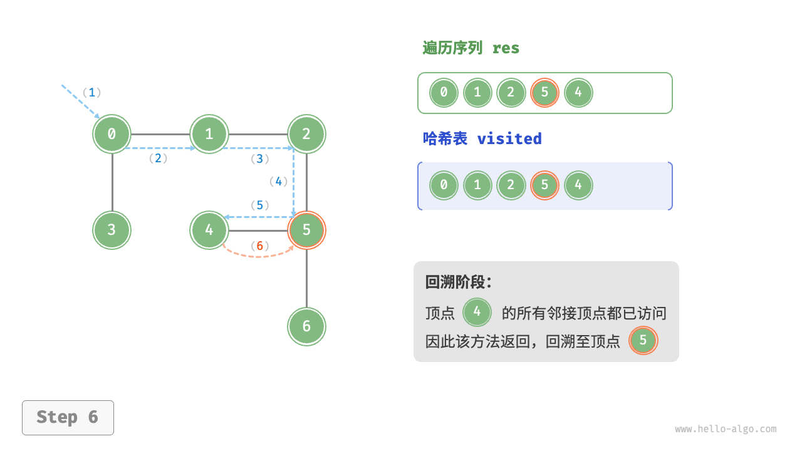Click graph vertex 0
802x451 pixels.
point(112,133)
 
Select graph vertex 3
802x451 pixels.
point(112,230)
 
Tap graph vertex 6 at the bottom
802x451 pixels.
point(306,326)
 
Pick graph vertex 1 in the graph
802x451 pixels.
point(209,133)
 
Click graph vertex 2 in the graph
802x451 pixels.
point(306,133)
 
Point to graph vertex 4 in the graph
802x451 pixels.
point(209,230)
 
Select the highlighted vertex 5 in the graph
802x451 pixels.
point(306,230)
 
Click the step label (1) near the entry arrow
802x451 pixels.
point(92,93)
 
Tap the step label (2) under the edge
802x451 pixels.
point(158,158)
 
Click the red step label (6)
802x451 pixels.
point(259,246)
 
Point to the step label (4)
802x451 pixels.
point(278,182)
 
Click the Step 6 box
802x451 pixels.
point(68,417)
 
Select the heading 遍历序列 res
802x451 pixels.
point(471,48)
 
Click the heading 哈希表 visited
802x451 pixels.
point(482,138)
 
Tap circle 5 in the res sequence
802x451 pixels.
point(544,93)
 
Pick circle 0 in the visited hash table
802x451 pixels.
point(444,185)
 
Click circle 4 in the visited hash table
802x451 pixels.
point(578,185)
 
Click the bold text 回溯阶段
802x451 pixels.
point(458,282)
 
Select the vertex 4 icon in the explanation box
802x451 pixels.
point(477,312)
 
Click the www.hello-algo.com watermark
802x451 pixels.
point(726,429)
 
